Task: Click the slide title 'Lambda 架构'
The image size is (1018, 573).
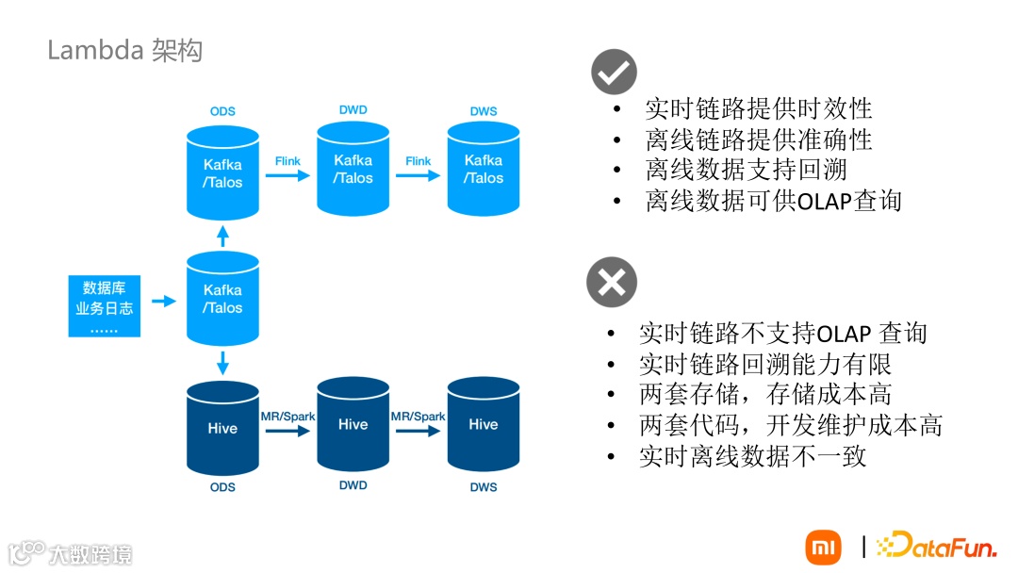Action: (124, 50)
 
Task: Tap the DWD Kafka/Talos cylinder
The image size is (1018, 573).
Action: (353, 169)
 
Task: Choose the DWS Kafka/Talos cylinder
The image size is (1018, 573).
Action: (484, 169)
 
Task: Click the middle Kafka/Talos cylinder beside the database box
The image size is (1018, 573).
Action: (222, 298)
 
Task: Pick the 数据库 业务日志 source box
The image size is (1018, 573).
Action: (105, 305)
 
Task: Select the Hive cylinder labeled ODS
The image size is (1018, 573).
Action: (222, 428)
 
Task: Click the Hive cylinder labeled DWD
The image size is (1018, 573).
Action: (353, 425)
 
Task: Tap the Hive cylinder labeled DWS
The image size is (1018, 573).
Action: (484, 425)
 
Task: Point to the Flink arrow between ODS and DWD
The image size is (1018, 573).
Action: (287, 176)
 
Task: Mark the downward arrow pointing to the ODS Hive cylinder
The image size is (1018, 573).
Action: (222, 361)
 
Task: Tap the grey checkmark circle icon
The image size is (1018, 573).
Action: (614, 72)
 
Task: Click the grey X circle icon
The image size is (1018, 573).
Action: (612, 282)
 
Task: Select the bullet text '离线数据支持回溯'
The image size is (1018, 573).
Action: (746, 170)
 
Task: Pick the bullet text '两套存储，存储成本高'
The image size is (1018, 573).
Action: (764, 394)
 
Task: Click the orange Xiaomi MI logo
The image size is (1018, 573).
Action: (823, 547)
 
